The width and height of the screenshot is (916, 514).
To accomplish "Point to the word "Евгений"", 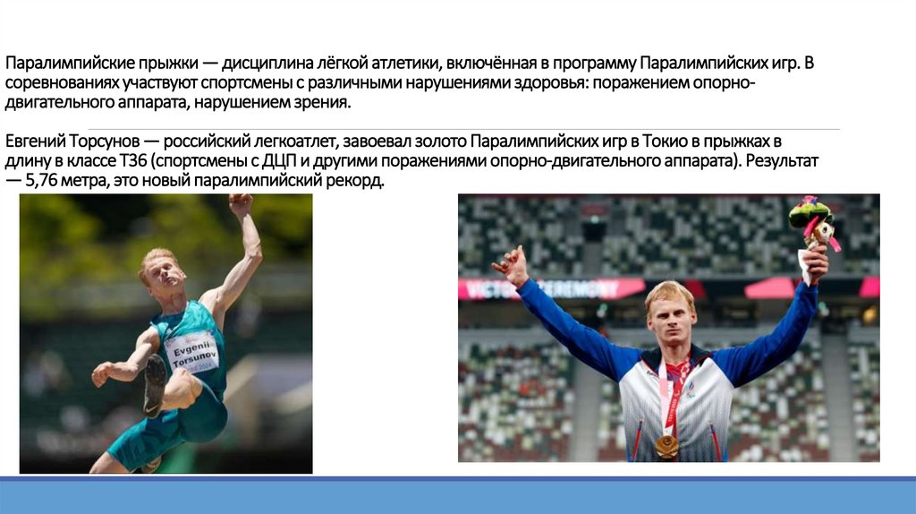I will point(33,141).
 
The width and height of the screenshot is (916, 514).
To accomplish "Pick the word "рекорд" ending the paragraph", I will point(357,181).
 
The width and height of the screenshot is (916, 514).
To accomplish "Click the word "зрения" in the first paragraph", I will point(323,103).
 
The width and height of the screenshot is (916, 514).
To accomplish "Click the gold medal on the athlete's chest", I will point(667,444).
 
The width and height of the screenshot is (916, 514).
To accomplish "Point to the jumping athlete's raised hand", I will point(240,205).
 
